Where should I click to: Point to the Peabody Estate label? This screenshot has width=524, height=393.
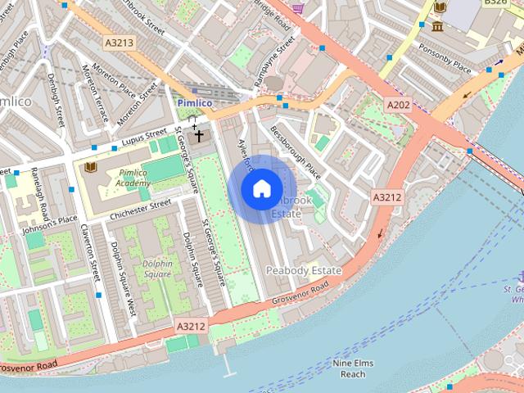(304, 269)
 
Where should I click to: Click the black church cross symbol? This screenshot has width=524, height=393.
(198, 135)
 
